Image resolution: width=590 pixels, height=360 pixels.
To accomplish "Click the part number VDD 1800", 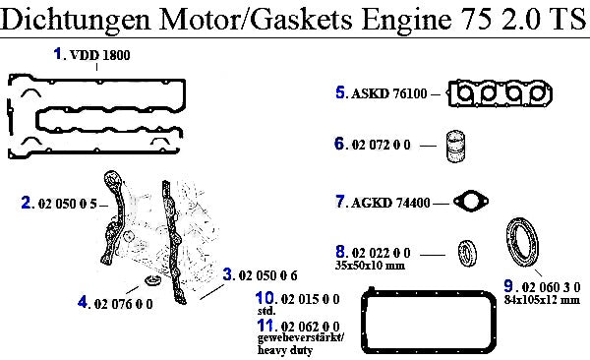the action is click(x=100, y=55).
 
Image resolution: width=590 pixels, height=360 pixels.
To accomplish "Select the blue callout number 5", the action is click(x=340, y=92).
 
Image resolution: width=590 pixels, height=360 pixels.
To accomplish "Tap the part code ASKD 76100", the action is click(x=389, y=93).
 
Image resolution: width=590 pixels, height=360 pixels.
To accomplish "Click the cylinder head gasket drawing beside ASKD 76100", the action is click(x=500, y=93).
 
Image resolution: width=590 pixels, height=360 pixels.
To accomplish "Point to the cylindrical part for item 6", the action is click(x=455, y=147).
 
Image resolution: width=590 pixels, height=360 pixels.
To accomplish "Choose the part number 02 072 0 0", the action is click(x=381, y=145).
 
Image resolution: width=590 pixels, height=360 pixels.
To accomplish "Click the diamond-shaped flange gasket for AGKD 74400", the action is click(x=471, y=201).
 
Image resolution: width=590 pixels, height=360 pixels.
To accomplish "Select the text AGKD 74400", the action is click(x=390, y=203).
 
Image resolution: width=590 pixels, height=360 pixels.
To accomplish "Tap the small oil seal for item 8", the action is click(x=467, y=253).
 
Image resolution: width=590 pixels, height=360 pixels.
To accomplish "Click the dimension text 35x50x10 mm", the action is click(x=370, y=266).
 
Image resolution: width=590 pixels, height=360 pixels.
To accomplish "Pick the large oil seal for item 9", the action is click(x=521, y=243).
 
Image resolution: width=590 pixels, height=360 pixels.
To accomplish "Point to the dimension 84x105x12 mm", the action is click(x=542, y=300).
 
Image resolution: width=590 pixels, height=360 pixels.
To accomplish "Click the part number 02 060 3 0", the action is click(x=551, y=287).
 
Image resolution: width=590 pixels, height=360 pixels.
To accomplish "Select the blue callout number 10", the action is click(x=265, y=298).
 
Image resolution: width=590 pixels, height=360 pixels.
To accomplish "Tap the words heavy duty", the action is click(x=285, y=350).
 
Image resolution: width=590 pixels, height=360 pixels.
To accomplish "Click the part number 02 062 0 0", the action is click(x=310, y=327).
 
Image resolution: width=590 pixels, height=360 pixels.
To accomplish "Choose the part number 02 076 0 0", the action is click(x=124, y=304).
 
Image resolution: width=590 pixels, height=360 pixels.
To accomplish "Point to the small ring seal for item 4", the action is click(x=152, y=280).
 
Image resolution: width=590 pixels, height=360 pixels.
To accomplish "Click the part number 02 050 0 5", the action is click(x=68, y=204).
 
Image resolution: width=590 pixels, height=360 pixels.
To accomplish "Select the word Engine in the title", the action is click(x=406, y=19).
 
